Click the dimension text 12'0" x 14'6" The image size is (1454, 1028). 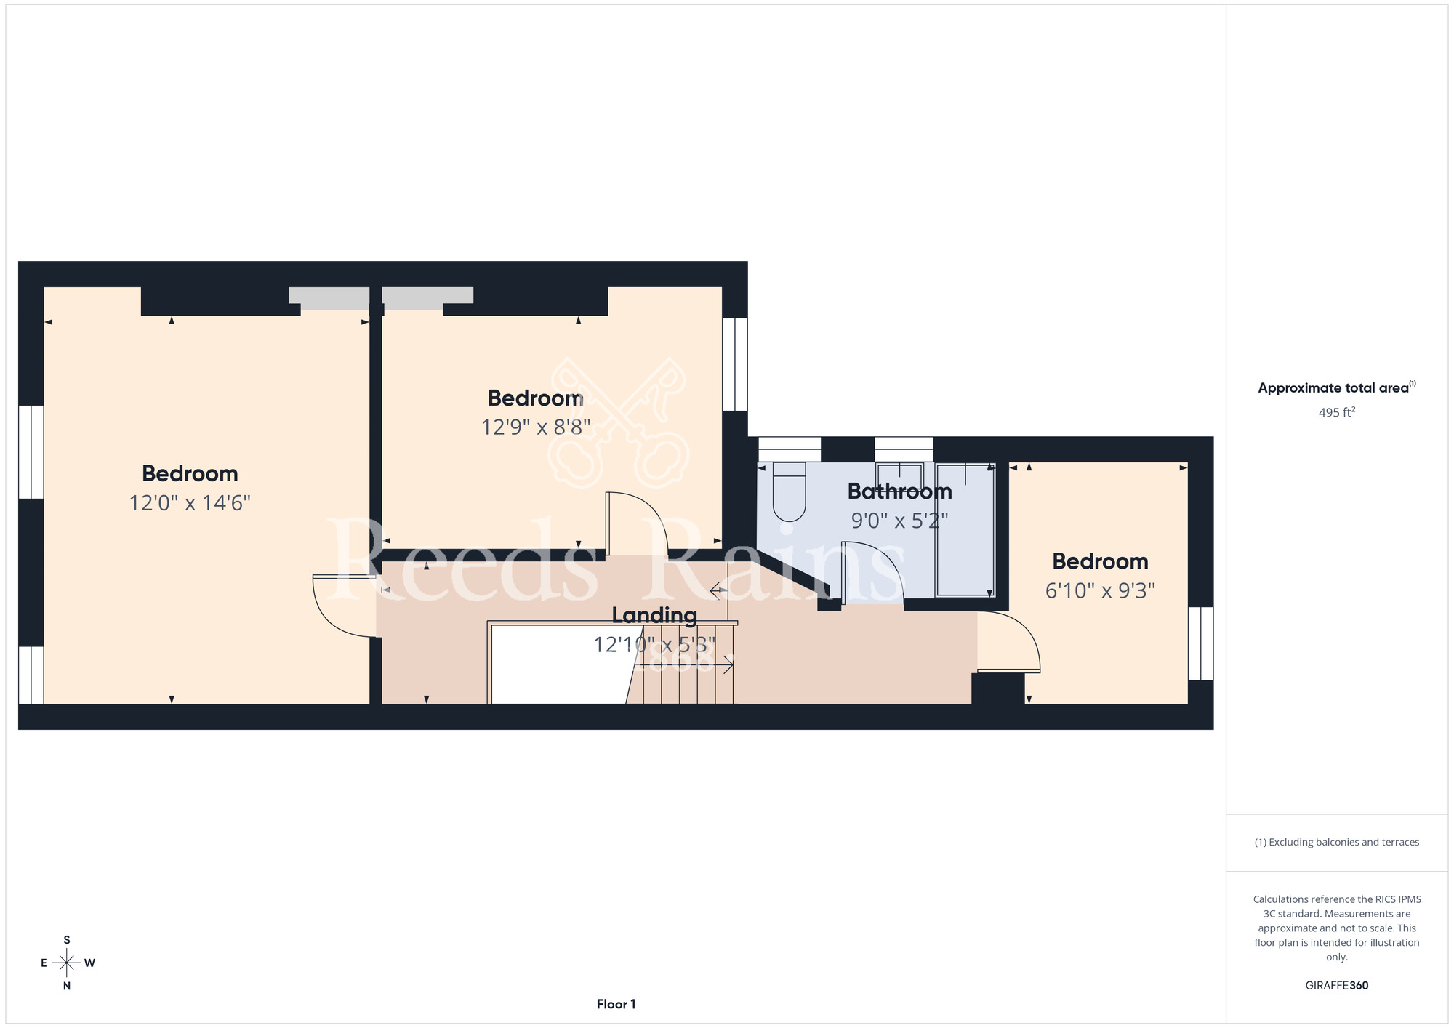190,503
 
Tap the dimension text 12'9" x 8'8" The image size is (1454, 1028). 536,427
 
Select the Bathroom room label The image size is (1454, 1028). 900,491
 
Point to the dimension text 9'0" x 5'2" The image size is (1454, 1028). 900,521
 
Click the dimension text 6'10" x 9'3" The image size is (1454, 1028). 1100,590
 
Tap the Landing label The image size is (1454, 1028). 654,616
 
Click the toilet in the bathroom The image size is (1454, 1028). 790,491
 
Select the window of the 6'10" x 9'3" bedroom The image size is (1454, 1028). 1201,643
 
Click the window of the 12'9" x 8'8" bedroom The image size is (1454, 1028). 735,364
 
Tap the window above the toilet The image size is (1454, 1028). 790,449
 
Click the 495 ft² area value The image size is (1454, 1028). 1337,412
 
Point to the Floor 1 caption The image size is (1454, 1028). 616,1004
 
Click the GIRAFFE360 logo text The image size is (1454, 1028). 1337,986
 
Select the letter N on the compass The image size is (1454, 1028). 67,987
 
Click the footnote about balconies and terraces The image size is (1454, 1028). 1337,842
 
